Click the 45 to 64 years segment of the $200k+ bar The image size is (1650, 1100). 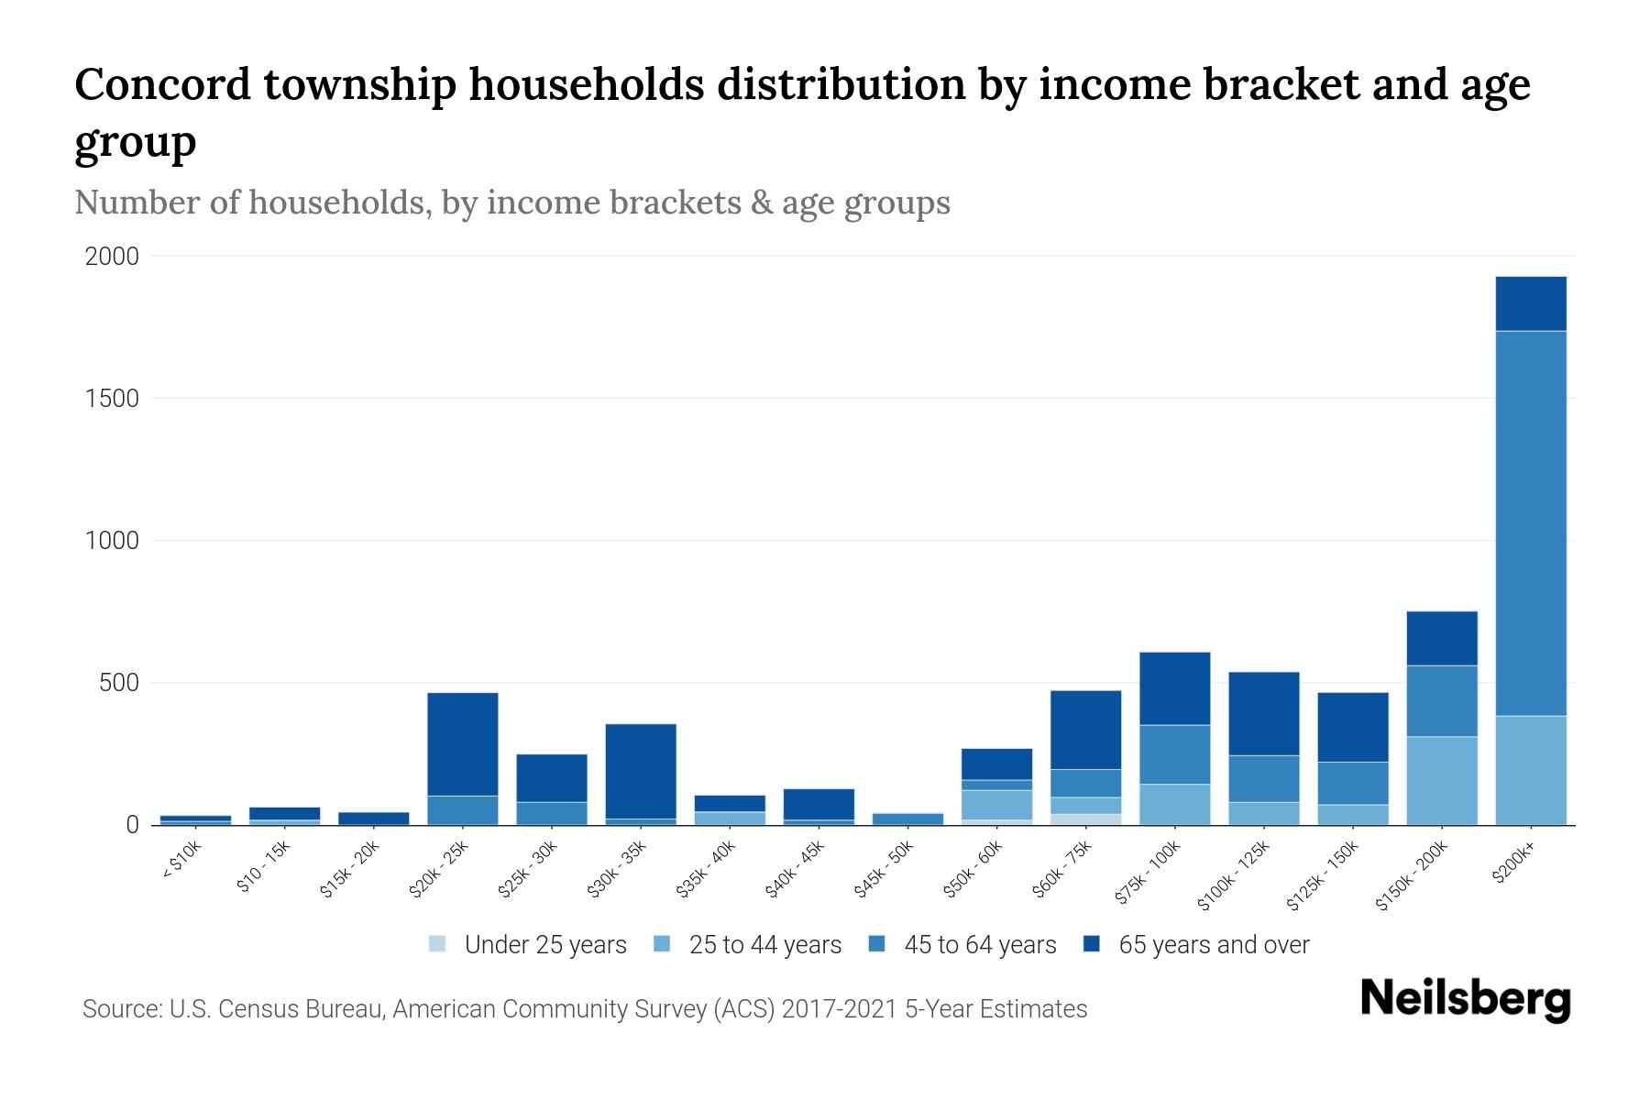(1530, 522)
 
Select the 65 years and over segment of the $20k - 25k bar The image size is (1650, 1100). (462, 743)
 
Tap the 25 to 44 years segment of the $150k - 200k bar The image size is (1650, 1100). (1441, 780)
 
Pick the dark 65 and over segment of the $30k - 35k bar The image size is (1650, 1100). (641, 771)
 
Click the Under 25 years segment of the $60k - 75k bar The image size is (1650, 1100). (1085, 819)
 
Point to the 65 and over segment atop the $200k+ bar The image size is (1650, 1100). (1530, 303)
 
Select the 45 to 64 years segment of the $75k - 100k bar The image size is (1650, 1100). (1174, 754)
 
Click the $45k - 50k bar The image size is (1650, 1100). (907, 819)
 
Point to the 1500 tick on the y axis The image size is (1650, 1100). (112, 399)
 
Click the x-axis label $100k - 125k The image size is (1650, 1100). (1234, 875)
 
